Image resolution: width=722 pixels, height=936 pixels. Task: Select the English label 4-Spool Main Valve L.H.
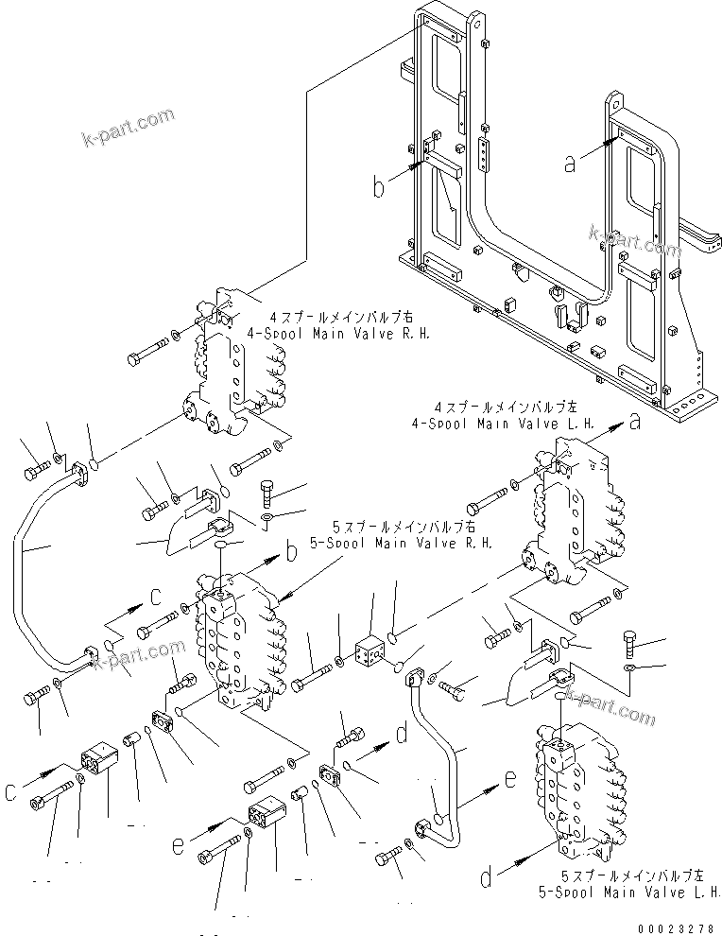tap(500, 423)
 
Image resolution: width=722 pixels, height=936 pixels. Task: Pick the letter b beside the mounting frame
tap(378, 187)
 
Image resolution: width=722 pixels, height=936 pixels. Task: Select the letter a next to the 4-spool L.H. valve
tap(636, 423)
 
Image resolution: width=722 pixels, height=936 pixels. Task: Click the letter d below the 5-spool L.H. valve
tap(486, 878)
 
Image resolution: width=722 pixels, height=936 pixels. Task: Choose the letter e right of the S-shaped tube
tap(510, 781)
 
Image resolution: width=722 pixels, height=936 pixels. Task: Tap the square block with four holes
tap(369, 651)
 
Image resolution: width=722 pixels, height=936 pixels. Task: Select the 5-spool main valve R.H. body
tap(236, 648)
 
